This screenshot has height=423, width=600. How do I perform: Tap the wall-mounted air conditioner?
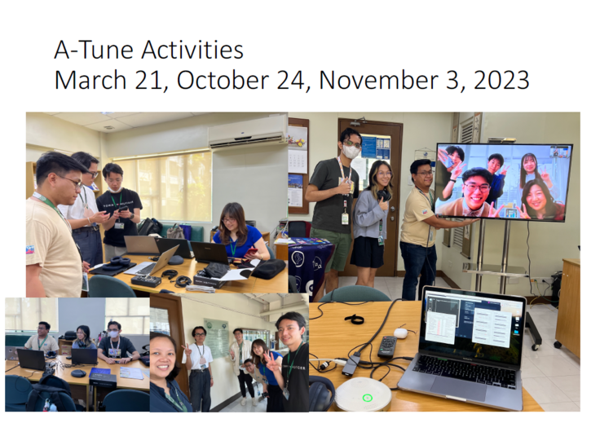[247, 130]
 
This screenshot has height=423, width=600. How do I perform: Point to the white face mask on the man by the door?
[351, 152]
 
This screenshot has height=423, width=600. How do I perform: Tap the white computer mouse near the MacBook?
[400, 333]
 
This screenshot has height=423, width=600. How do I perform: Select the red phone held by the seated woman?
[254, 253]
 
